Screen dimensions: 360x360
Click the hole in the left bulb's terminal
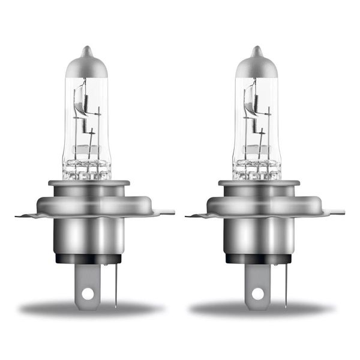(88, 294)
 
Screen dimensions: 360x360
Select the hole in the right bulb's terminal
(259, 294)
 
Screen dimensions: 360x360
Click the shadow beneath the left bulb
(90, 309)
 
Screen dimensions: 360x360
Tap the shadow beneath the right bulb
(260, 309)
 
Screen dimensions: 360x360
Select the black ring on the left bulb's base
(89, 259)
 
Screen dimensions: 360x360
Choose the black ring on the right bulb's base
(260, 259)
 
